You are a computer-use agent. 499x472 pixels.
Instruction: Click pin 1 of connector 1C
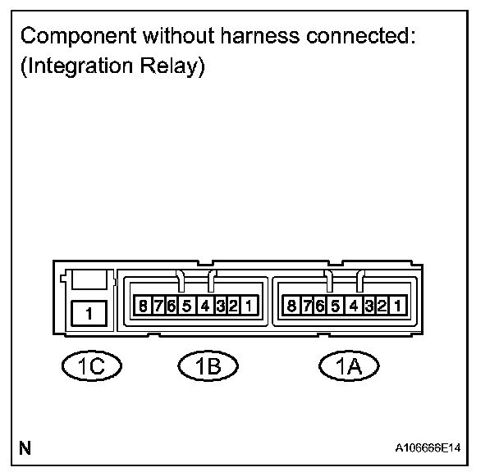tap(89, 313)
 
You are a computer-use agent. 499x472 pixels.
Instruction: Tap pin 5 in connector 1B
tap(186, 307)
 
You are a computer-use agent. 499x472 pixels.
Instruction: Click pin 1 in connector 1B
tap(250, 307)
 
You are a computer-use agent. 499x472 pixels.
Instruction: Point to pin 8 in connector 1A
tap(291, 307)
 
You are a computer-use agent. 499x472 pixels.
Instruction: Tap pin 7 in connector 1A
tap(306, 307)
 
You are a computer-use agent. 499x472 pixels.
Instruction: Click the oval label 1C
tap(90, 365)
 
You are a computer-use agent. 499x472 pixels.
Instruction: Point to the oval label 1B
tap(208, 365)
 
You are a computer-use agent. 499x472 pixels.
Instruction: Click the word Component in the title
tap(71, 38)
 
